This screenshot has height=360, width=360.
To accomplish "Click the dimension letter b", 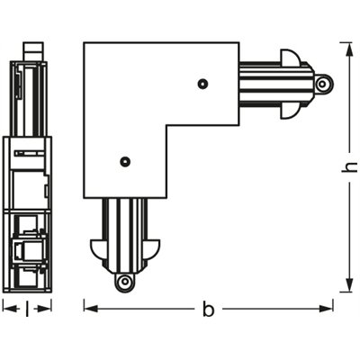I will [x=208, y=310].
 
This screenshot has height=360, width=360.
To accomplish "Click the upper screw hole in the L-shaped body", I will [x=204, y=84].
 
